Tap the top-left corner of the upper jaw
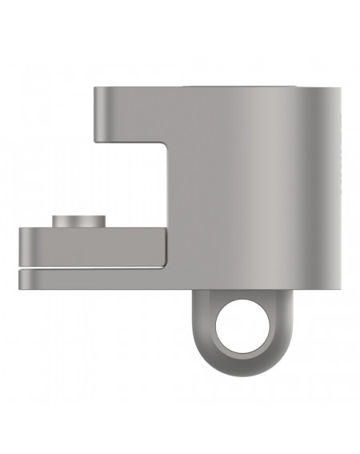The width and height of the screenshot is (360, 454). (x=94, y=87)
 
